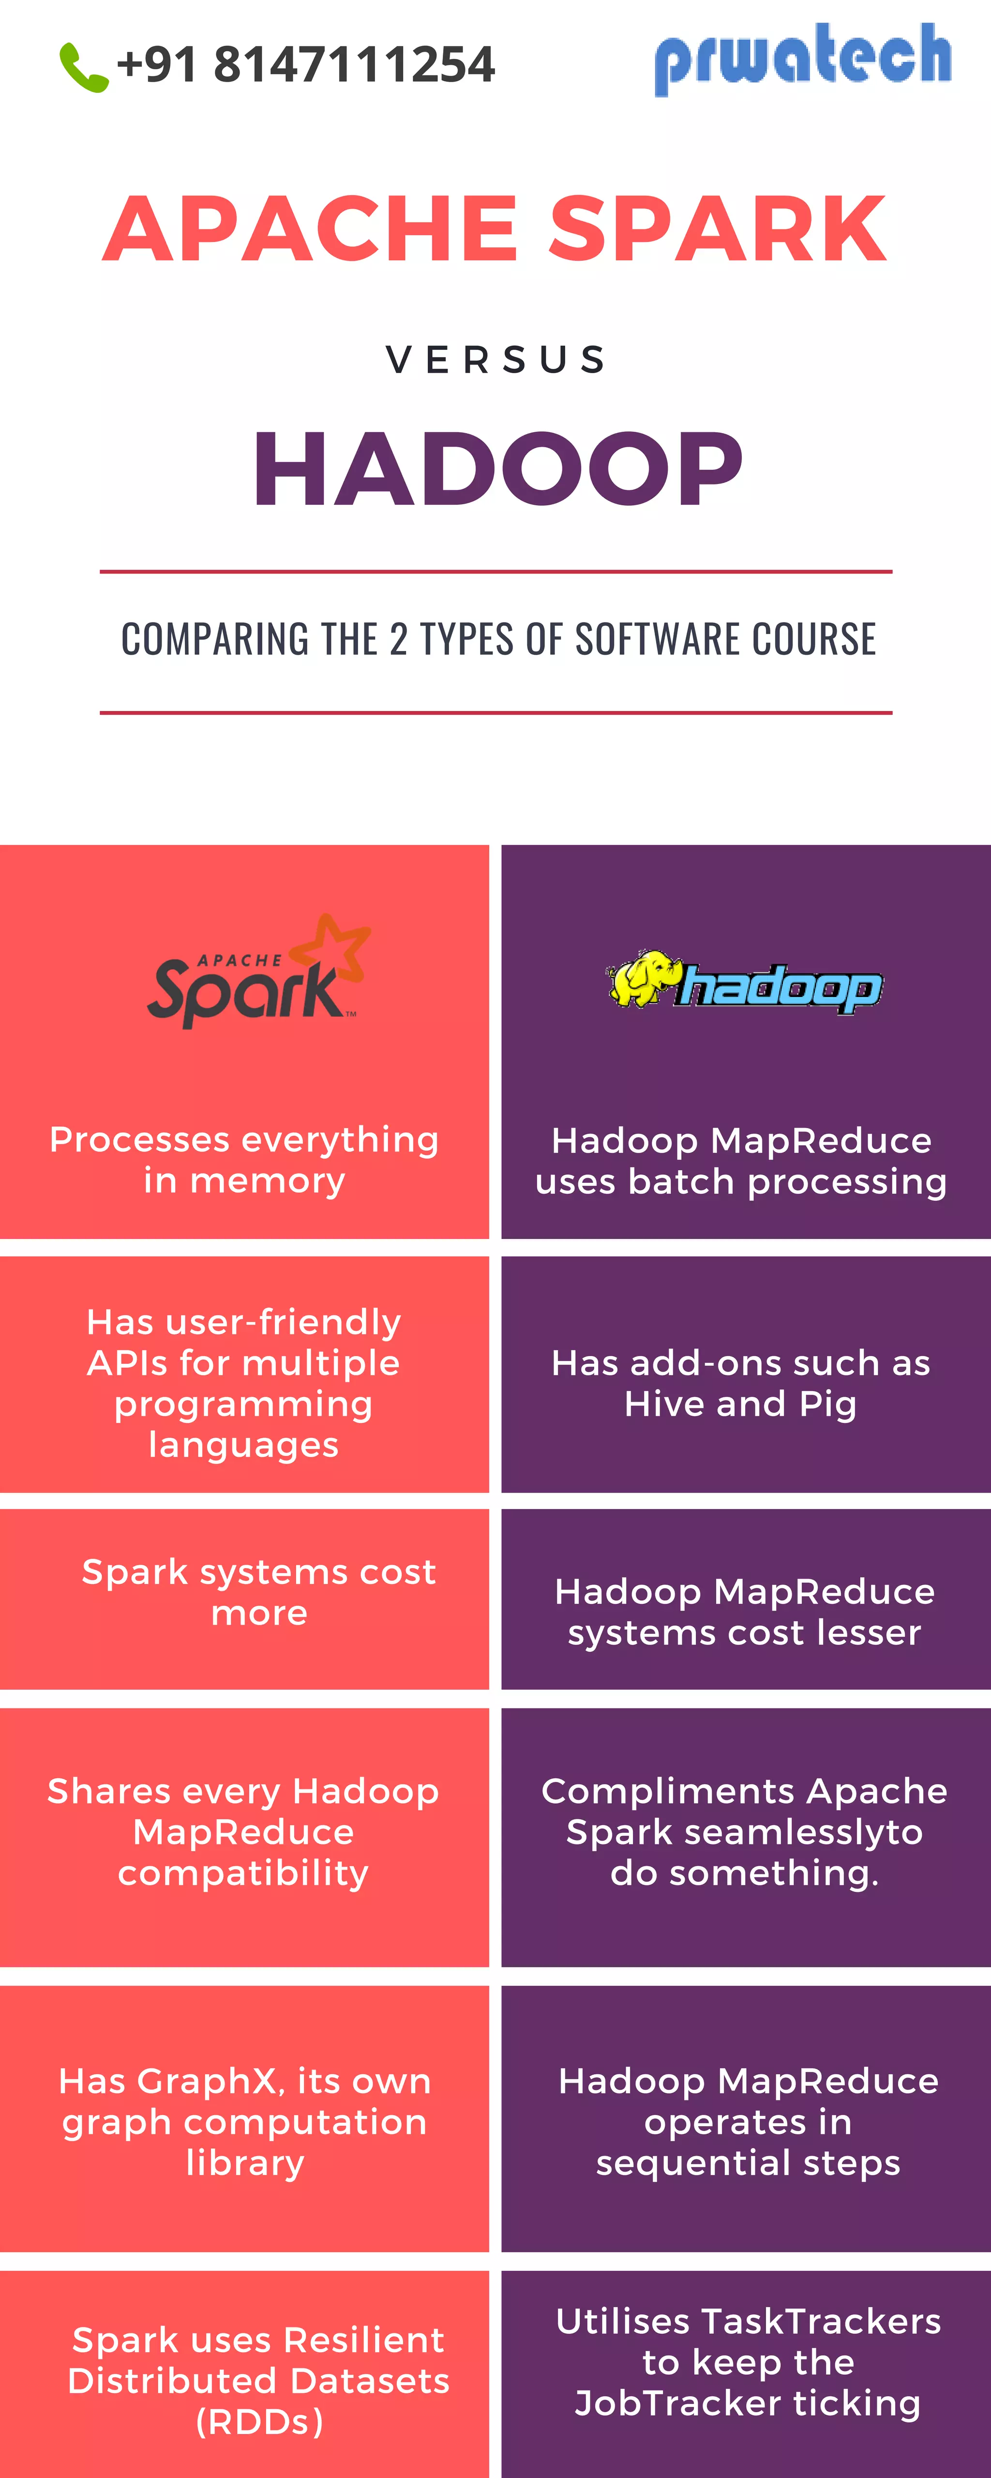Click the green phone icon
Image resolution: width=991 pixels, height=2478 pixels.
tap(84, 67)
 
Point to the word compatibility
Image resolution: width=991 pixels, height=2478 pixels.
tap(243, 1873)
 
